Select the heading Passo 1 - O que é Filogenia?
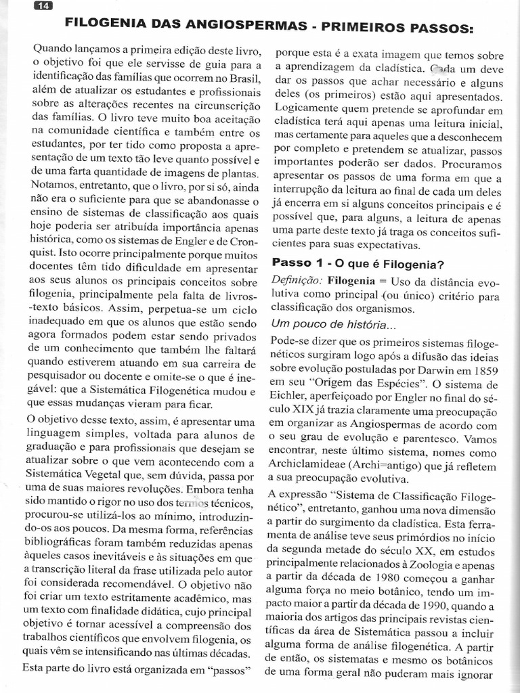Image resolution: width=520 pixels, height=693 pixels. (357, 263)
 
